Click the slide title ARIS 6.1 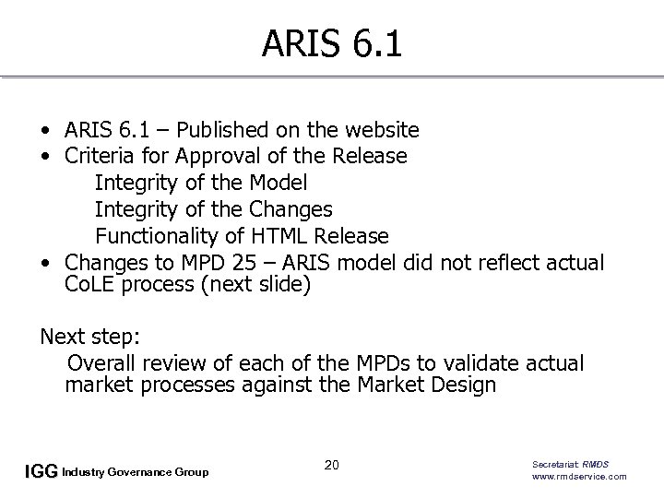(x=332, y=43)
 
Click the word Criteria (x=101, y=156)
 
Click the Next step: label (x=88, y=337)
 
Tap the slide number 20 (x=332, y=465)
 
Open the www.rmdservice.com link (x=579, y=476)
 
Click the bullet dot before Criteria (x=44, y=156)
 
